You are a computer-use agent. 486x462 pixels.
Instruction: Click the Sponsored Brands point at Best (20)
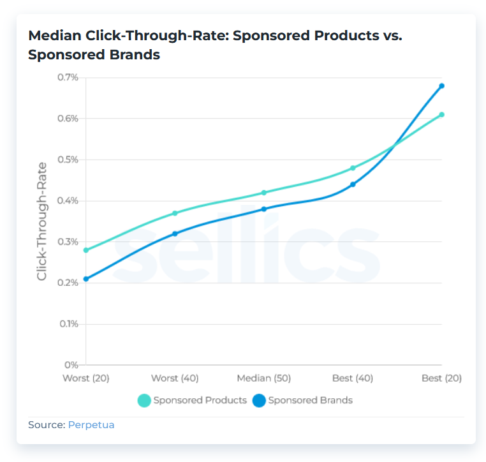point(441,86)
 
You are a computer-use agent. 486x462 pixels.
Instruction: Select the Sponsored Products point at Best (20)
point(441,115)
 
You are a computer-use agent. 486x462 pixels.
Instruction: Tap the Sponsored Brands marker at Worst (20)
point(86,279)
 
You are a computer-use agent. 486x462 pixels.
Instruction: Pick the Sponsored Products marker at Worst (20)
point(86,250)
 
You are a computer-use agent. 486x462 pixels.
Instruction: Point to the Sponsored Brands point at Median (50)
point(264,209)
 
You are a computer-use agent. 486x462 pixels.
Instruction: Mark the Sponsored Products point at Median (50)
point(264,193)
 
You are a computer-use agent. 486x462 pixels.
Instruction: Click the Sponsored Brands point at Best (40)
point(353,184)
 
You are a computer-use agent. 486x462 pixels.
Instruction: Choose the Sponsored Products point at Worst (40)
point(175,213)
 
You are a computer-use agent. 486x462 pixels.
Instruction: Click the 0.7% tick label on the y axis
point(67,78)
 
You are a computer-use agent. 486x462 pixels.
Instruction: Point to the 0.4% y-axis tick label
point(67,201)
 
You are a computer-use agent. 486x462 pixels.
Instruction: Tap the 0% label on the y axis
point(71,365)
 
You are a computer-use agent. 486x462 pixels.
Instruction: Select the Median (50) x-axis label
point(263,378)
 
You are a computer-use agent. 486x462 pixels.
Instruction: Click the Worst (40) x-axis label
point(175,378)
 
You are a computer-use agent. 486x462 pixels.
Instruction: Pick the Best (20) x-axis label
point(441,378)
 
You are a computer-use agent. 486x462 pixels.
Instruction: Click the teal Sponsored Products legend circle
point(144,401)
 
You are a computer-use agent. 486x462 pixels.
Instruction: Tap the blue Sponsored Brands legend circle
point(259,401)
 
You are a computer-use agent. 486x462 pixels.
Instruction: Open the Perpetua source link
point(91,425)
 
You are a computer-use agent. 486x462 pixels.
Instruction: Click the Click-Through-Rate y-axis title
point(42,221)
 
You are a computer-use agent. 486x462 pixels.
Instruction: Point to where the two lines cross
point(395,145)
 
